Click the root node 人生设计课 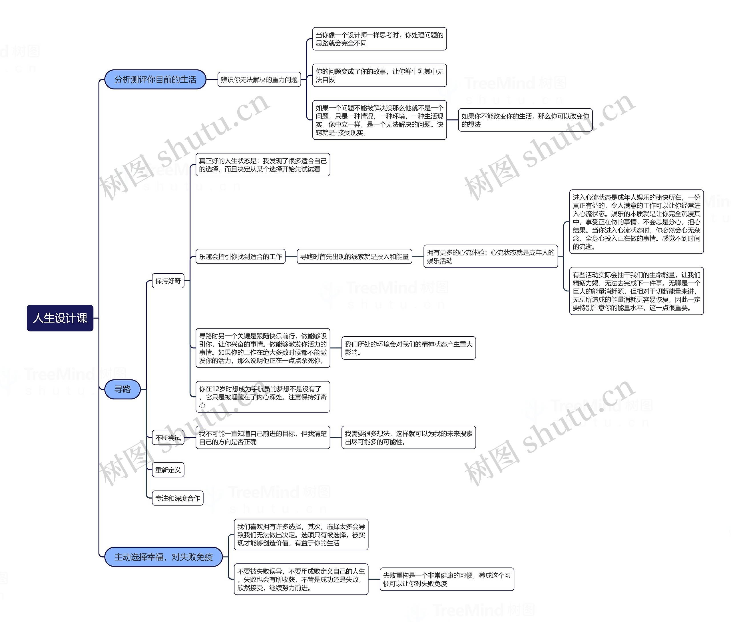tap(60, 318)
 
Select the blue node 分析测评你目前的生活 tap(155, 80)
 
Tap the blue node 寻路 tap(122, 389)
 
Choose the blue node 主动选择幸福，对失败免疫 tap(163, 557)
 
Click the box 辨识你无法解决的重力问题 tap(259, 80)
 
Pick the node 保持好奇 tap(168, 281)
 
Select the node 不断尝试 tap(168, 438)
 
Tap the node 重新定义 tap(168, 470)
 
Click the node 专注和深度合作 tap(178, 498)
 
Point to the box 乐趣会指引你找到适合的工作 tap(240, 257)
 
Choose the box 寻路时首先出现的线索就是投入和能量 tap(354, 257)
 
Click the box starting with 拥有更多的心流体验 tap(490, 257)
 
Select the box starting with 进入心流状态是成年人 tap(636, 222)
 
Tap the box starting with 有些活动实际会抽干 tap(636, 291)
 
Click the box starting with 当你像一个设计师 tap(379, 39)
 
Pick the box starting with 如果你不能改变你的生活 tap(525, 120)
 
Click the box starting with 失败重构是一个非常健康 tap(447, 579)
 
